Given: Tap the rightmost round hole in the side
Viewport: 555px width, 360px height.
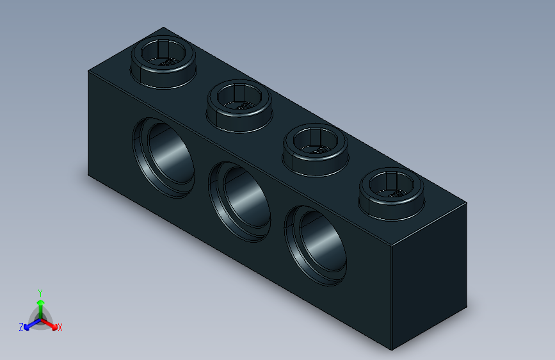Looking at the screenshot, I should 316,244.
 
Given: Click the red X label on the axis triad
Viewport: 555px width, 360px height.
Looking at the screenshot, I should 60,328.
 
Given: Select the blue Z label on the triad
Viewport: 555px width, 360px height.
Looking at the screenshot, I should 21,327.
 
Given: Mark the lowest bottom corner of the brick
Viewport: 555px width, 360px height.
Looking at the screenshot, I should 392,350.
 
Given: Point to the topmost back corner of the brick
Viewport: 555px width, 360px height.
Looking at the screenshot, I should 164,28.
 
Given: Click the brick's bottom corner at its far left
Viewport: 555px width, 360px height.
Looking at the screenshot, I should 88,175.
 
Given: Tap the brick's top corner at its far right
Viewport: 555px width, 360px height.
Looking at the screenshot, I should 467,202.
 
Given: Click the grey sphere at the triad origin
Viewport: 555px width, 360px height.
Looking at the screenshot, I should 41,319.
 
